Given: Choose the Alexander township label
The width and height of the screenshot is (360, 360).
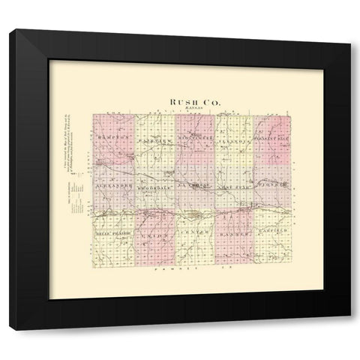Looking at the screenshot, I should (114, 184).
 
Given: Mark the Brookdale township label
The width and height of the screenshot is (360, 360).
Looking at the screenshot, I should (155, 184).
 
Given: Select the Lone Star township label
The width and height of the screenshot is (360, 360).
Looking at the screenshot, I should (234, 184).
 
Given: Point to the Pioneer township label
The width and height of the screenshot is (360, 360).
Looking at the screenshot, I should (271, 184).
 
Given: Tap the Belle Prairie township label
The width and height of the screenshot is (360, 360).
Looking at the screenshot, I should (113, 234).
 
